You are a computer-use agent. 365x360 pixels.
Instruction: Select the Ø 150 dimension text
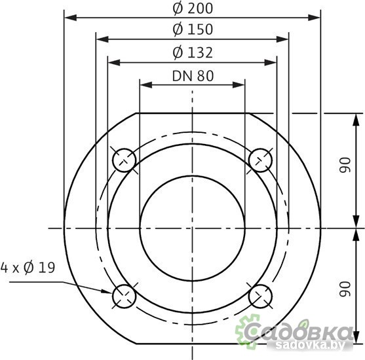click(192, 29)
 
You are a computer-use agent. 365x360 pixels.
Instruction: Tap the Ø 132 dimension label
click(192, 53)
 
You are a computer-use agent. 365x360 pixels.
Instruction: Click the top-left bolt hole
click(124, 159)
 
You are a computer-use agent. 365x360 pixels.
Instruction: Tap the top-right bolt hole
click(261, 159)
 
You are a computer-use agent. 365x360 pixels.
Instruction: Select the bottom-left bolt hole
click(124, 297)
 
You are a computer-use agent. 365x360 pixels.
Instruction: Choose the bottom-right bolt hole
click(261, 297)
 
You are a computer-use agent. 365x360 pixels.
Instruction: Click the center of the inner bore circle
click(192, 228)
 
